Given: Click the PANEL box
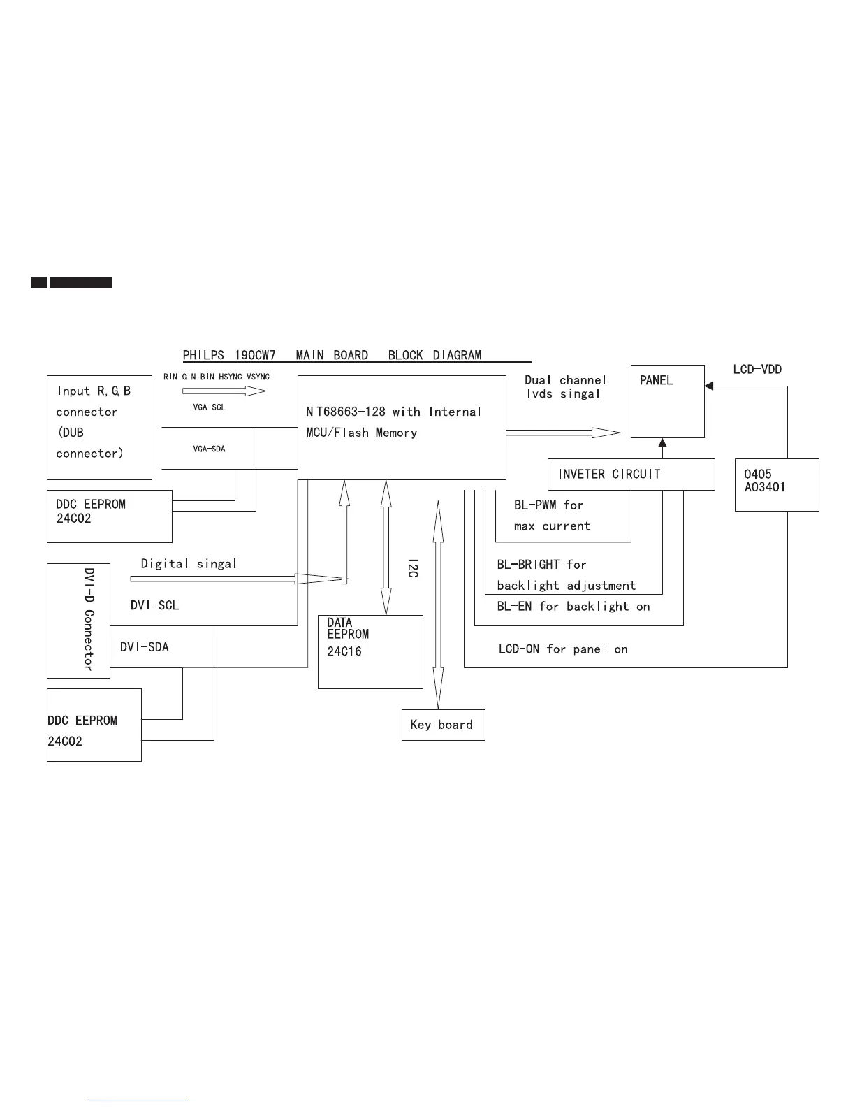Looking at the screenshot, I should (x=667, y=401).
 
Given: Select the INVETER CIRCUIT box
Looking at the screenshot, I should (x=631, y=474).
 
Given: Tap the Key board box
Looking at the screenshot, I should (x=443, y=725).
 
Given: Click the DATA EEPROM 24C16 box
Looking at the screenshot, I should (x=370, y=651).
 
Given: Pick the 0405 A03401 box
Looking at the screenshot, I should (x=776, y=484).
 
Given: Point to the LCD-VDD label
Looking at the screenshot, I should (x=757, y=369).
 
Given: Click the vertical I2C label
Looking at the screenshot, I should (x=412, y=567).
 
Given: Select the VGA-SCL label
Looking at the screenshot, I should (x=210, y=407).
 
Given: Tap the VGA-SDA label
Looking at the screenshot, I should (x=210, y=449).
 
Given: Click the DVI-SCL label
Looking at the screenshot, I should (x=154, y=605).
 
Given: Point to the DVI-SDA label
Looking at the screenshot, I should (x=144, y=647).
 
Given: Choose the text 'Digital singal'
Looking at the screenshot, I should (x=189, y=563).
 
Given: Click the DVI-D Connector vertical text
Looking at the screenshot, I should (x=89, y=619).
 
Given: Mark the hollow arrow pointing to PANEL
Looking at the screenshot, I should (x=563, y=433).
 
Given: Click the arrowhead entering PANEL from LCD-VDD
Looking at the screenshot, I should (x=709, y=385).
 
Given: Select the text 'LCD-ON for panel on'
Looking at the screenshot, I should (x=563, y=649).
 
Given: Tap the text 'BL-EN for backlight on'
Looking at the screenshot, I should (x=573, y=606).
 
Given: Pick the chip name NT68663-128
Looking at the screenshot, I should (x=345, y=412).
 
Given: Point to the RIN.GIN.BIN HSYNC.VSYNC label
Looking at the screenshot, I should (x=216, y=377).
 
